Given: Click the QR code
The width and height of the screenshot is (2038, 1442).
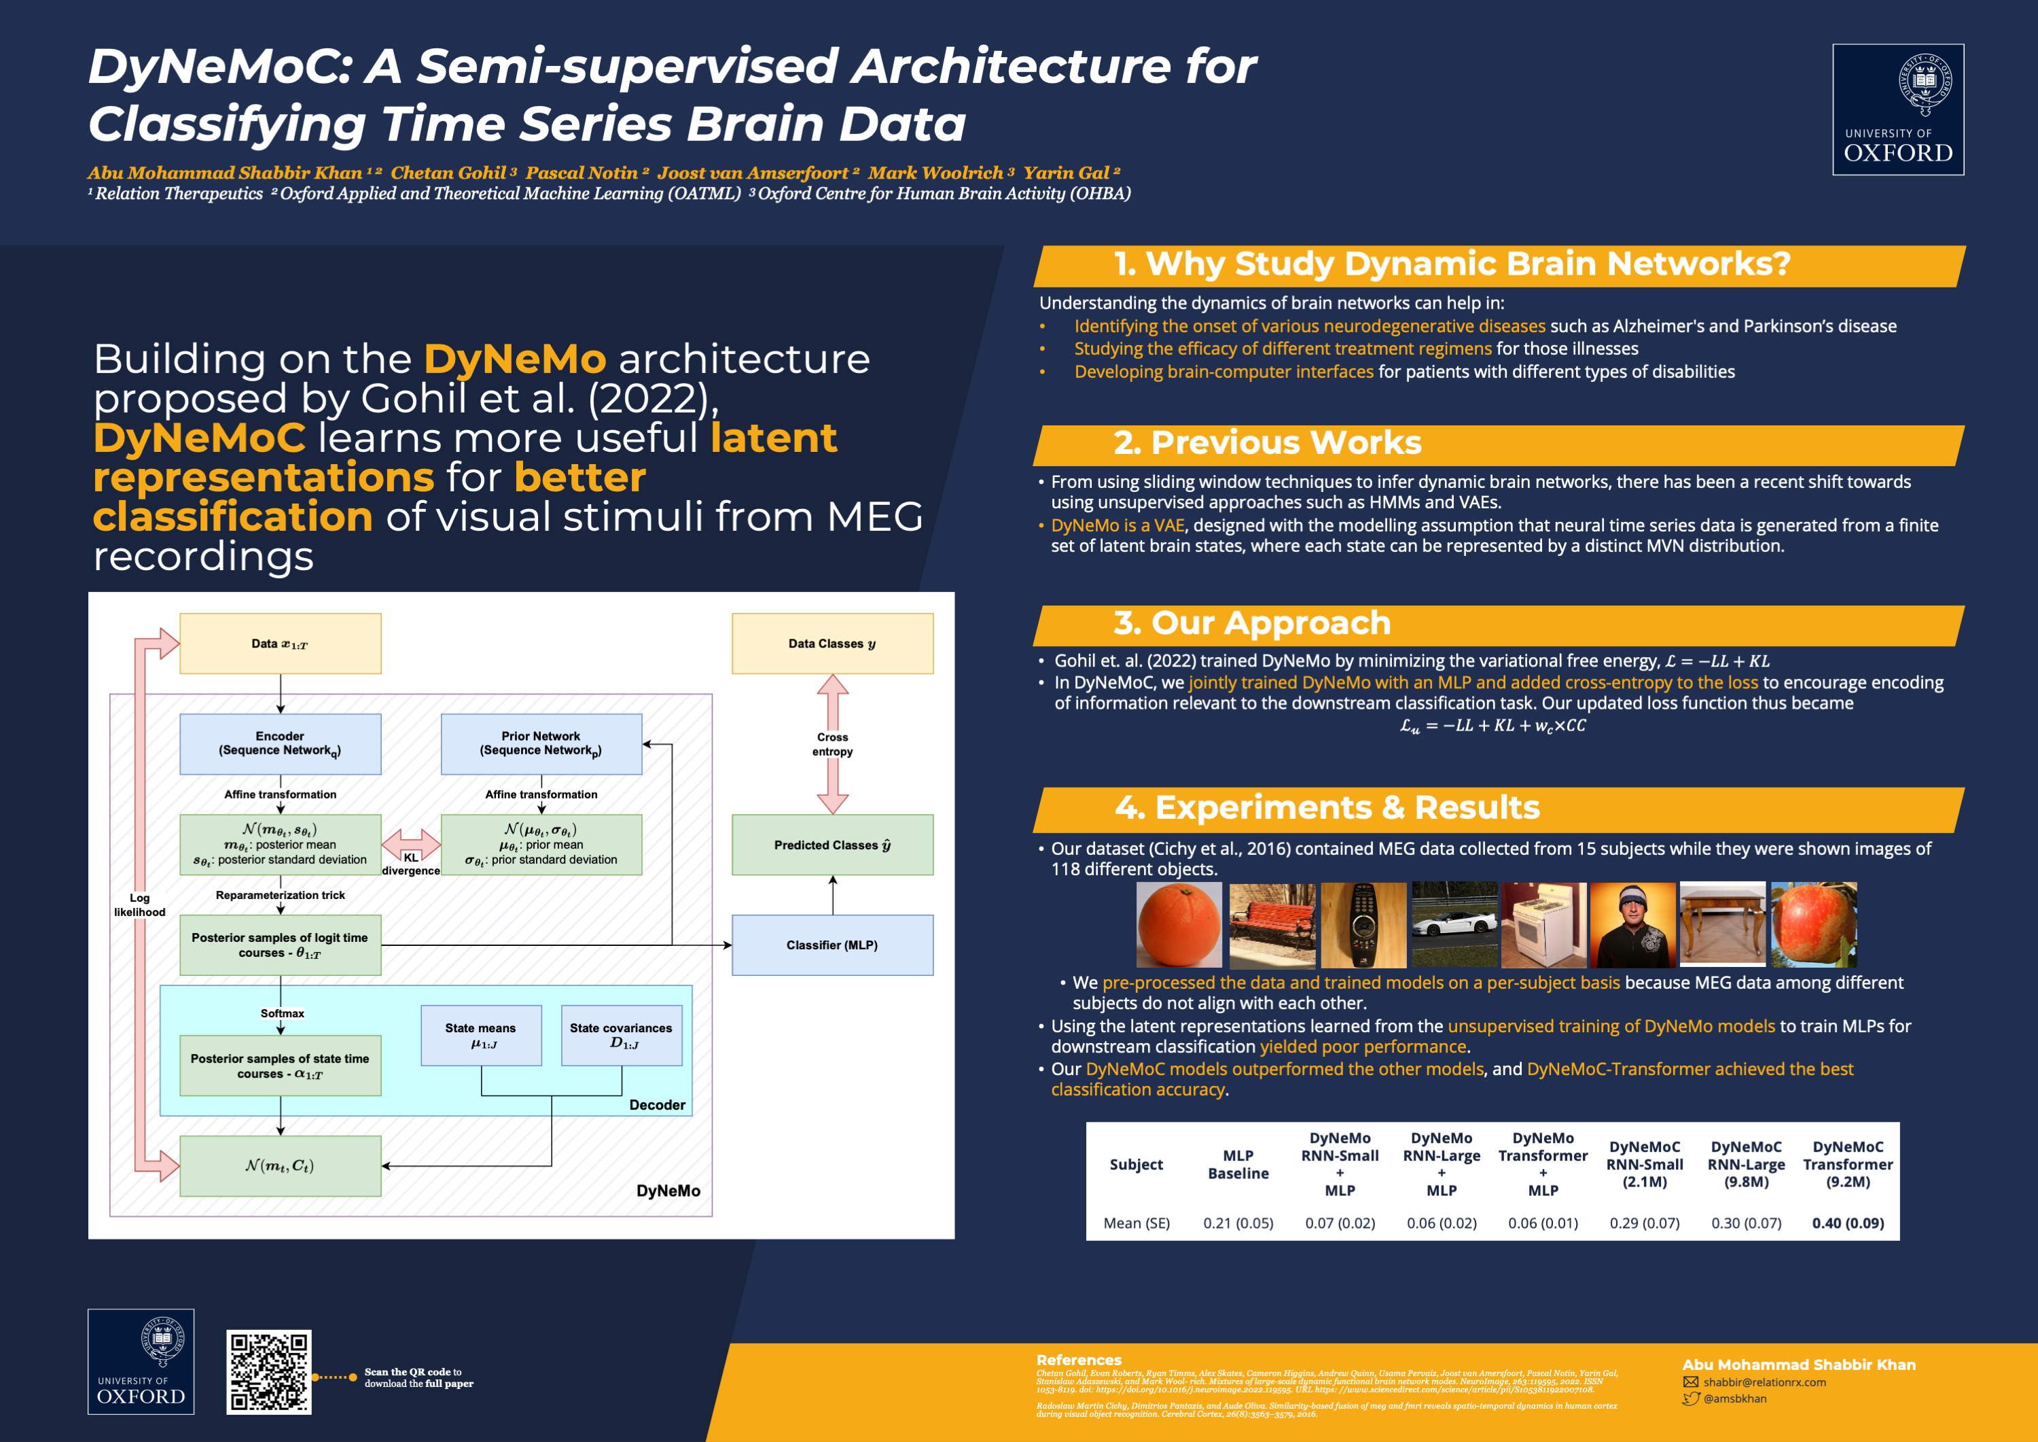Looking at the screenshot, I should click(x=268, y=1372).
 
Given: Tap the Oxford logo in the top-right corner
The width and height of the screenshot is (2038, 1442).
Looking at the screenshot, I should click(x=1898, y=109).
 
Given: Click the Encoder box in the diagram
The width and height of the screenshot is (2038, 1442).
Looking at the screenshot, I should click(x=281, y=743).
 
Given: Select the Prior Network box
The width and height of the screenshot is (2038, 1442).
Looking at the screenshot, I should click(x=541, y=743).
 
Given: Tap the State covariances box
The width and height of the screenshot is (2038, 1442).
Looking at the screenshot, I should click(x=622, y=1036).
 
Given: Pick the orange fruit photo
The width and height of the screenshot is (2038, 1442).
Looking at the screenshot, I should click(x=1179, y=924).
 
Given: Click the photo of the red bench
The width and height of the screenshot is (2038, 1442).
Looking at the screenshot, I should click(x=1272, y=924).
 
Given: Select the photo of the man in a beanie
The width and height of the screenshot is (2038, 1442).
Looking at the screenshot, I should click(x=1632, y=924).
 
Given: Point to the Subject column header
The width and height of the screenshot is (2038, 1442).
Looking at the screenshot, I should click(x=1135, y=1164).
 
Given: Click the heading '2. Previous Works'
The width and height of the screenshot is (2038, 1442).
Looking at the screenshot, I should click(x=1267, y=442).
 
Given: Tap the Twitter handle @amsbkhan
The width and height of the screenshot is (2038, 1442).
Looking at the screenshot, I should click(x=1734, y=1399).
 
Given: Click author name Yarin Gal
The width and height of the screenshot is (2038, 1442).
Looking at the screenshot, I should click(x=1067, y=172).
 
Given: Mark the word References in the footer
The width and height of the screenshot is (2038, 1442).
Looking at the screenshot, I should click(x=1079, y=1359).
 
